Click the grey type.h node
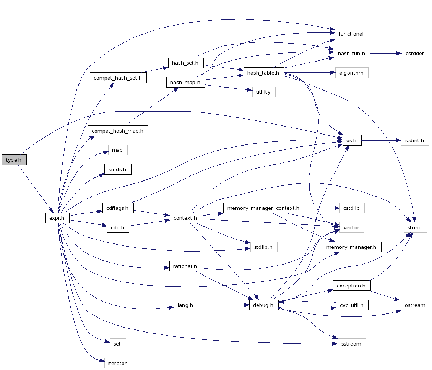click(14, 160)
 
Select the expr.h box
click(57, 218)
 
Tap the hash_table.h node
click(263, 73)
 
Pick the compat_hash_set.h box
click(118, 78)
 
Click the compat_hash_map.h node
click(118, 131)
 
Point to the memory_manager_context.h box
click(263, 208)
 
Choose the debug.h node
click(264, 305)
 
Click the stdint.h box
click(415, 140)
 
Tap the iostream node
click(415, 305)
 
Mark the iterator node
click(118, 363)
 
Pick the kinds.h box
click(118, 169)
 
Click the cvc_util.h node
click(352, 305)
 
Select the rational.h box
click(185, 266)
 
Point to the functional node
click(351, 34)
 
